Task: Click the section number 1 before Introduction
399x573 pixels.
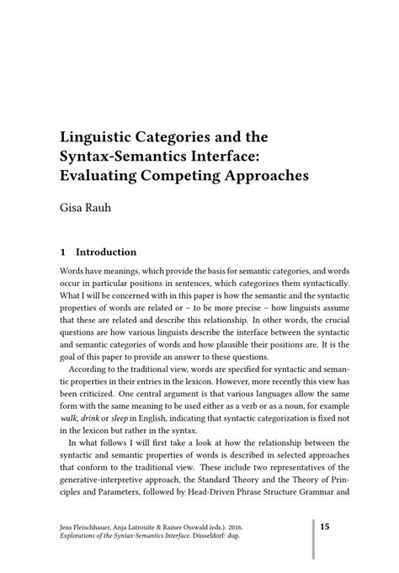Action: [63, 252]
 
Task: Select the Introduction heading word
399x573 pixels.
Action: [106, 252]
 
